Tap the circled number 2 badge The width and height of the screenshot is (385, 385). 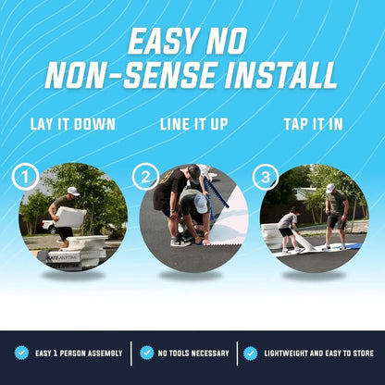pos(144,177)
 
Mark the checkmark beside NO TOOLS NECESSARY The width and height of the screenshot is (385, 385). pos(146,353)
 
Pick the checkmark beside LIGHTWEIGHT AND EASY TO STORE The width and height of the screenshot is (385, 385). pos(250,353)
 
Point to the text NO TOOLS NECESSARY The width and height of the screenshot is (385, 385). pos(193,353)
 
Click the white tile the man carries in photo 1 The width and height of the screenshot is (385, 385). pos(70,218)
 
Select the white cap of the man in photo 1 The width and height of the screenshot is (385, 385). pos(72,191)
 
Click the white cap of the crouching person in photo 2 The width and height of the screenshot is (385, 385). pos(200,204)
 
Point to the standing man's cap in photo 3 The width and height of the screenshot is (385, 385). pos(330,187)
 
